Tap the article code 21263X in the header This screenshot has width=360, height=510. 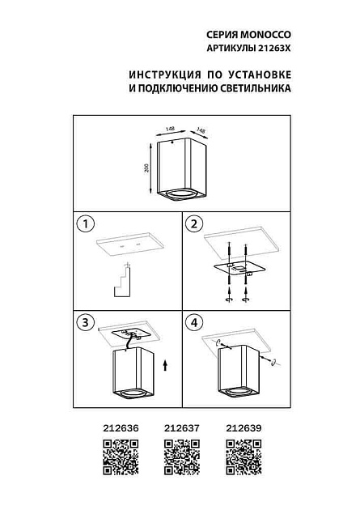[270, 49]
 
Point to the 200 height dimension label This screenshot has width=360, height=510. [146, 168]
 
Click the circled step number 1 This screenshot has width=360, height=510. [84, 223]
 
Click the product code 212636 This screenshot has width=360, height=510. [119, 431]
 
